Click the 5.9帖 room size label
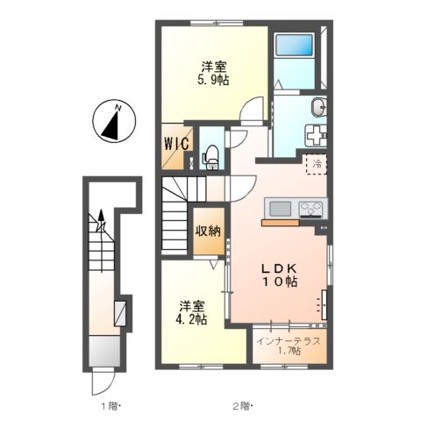(x=213, y=80)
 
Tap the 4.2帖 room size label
(x=191, y=319)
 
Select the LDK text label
(x=279, y=268)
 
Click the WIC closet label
(x=176, y=144)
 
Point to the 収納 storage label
(x=208, y=232)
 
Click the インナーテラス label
(x=289, y=341)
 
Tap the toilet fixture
(x=211, y=157)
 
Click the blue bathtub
(x=295, y=45)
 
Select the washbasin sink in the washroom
(x=319, y=107)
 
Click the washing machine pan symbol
(x=316, y=135)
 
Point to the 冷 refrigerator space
(x=317, y=164)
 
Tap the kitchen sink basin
(x=281, y=209)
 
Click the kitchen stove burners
(x=311, y=209)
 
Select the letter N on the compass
(x=118, y=108)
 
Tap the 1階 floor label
(x=110, y=406)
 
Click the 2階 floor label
(x=242, y=406)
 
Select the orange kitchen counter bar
(x=281, y=223)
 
